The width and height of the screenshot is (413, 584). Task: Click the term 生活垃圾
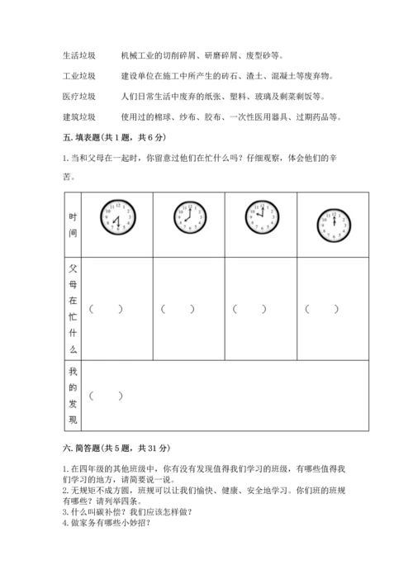click(78, 56)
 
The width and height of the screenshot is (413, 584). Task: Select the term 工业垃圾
click(78, 76)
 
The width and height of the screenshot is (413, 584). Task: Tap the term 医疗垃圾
click(78, 96)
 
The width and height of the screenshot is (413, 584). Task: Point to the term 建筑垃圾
click(78, 116)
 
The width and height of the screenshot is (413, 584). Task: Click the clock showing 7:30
click(116, 217)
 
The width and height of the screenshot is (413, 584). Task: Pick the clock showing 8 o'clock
click(188, 218)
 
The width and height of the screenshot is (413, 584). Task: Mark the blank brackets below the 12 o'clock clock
click(321, 309)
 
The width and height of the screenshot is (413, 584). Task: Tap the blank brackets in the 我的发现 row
click(107, 396)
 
